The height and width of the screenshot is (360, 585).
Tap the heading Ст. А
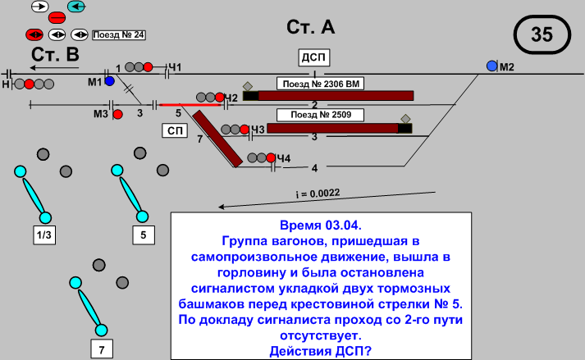click(310, 27)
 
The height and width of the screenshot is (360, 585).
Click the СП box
click(174, 130)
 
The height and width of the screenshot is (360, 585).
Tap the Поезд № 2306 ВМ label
click(321, 84)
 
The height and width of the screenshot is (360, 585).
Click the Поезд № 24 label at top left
click(119, 34)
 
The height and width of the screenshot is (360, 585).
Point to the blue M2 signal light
click(491, 66)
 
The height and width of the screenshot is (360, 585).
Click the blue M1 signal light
click(108, 81)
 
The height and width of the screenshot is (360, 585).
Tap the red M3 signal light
click(117, 114)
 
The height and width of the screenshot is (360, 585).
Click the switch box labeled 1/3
click(43, 235)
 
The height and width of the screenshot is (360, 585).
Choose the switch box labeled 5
click(144, 235)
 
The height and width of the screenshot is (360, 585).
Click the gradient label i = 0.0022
click(318, 194)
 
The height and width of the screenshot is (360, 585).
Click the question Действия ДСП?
click(320, 351)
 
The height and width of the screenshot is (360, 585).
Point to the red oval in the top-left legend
click(57, 17)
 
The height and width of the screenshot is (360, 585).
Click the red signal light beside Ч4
click(270, 157)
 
